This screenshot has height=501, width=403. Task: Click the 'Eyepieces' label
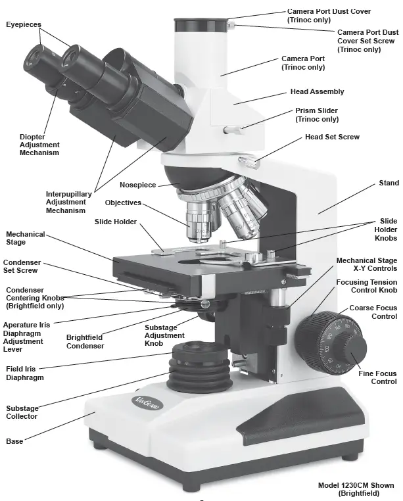pyautogui.click(x=24, y=24)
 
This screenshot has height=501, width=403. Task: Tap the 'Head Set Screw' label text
pyautogui.click(x=332, y=137)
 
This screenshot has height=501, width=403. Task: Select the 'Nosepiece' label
pyautogui.click(x=137, y=185)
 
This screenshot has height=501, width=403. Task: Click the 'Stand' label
pyautogui.click(x=389, y=182)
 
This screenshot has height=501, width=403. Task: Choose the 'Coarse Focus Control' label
pyautogui.click(x=373, y=312)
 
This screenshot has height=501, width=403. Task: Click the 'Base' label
pyautogui.click(x=14, y=441)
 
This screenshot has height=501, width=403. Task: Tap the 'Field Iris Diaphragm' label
pyautogui.click(x=25, y=373)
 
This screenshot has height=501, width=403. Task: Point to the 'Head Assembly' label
pyautogui.click(x=317, y=91)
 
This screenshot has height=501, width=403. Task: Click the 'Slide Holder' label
pyautogui.click(x=116, y=222)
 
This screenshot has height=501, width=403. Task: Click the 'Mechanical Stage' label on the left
pyautogui.click(x=26, y=238)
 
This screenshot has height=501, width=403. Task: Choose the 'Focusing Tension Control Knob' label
pyautogui.click(x=367, y=285)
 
